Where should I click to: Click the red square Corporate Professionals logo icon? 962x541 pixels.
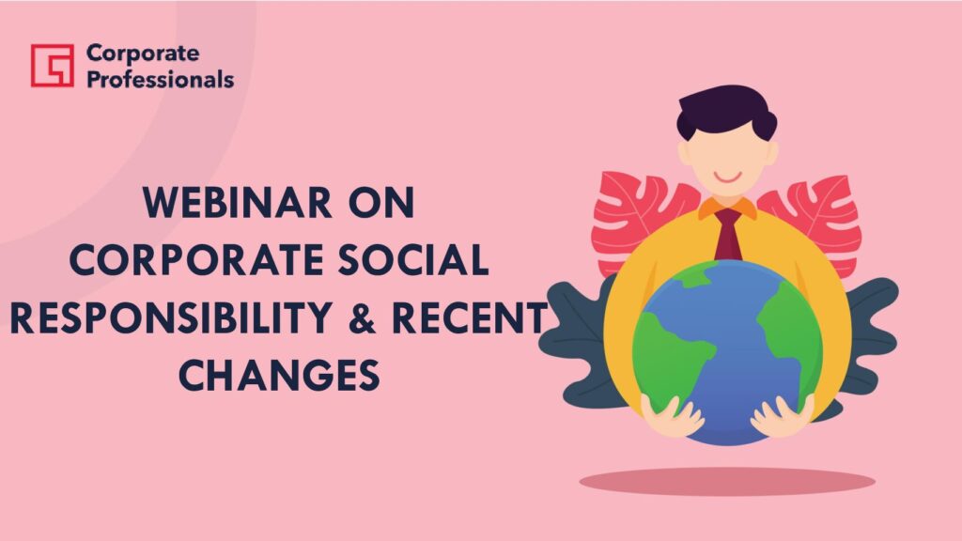(53, 65)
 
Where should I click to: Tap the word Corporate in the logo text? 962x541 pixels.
(143, 54)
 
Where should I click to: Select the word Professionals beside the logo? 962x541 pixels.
(160, 79)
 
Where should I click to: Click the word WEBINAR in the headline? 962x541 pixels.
(237, 203)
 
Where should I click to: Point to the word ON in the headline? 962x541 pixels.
(381, 203)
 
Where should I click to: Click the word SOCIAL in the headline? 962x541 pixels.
(413, 259)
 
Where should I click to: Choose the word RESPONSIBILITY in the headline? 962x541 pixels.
(171, 317)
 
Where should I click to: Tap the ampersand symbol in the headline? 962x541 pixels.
(362, 317)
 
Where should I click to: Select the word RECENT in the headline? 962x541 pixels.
(469, 317)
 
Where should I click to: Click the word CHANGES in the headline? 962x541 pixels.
(279, 375)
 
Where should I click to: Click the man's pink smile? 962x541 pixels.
(728, 178)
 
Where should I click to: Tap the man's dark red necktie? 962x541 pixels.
(728, 234)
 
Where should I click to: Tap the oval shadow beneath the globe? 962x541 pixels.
(727, 482)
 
